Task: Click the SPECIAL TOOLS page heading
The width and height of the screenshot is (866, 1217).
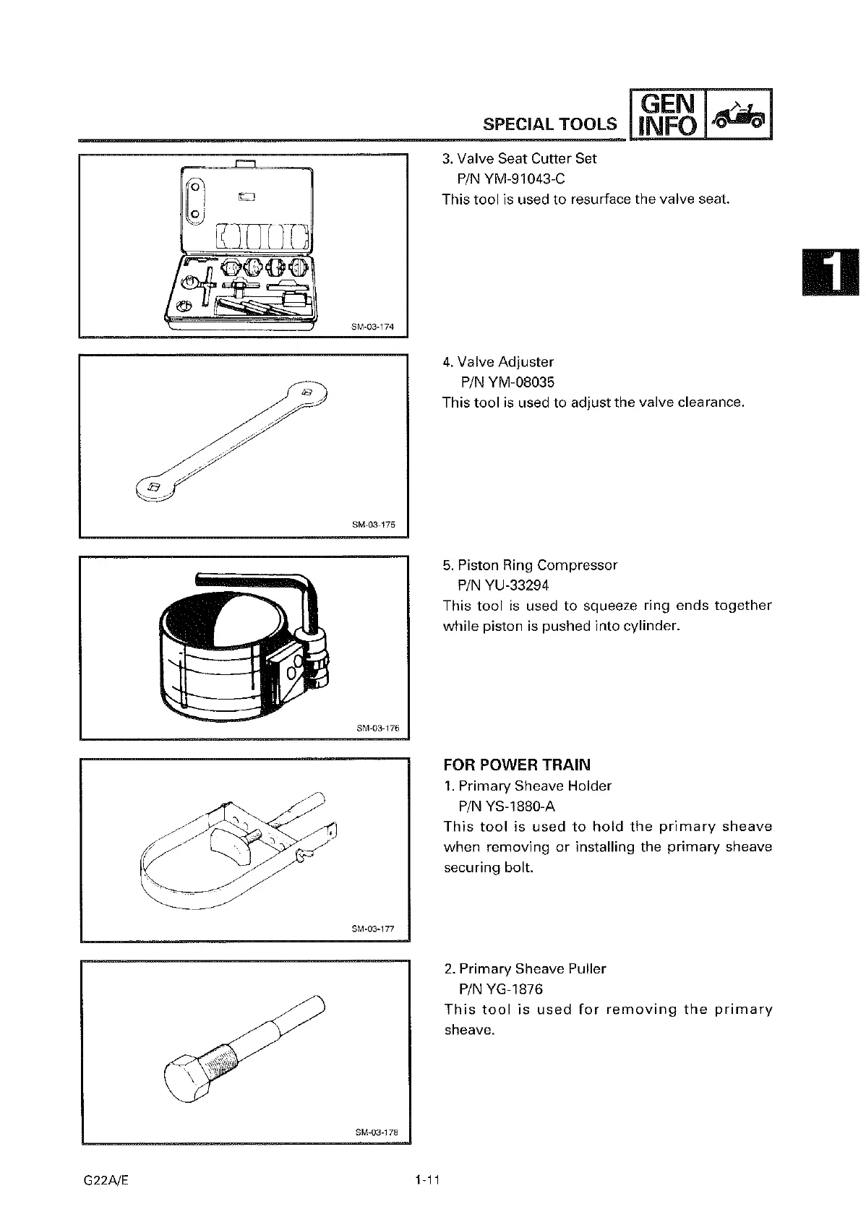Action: click(550, 124)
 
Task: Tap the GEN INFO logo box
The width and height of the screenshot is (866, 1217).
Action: click(666, 113)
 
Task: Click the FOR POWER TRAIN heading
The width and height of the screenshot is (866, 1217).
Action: click(517, 765)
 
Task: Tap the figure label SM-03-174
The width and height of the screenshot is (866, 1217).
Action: click(372, 327)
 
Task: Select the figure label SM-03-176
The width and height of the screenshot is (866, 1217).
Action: click(378, 728)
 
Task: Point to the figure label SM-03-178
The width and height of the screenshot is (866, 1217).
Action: click(377, 1132)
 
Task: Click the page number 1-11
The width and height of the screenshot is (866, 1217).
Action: click(427, 1181)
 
